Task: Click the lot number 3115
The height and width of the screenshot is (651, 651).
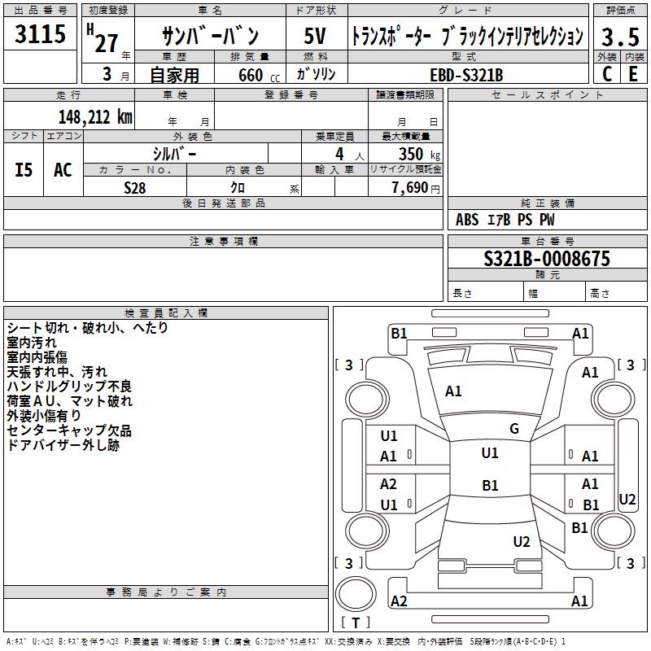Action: (x=40, y=33)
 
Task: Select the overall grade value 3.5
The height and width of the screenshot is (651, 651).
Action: (x=620, y=37)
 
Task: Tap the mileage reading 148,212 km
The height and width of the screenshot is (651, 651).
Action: (x=95, y=117)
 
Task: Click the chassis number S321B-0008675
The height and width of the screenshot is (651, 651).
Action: (x=547, y=259)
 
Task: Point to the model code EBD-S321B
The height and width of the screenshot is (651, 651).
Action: (x=466, y=75)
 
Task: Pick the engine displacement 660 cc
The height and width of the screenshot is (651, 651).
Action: (x=259, y=75)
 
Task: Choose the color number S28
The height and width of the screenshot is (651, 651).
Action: (x=135, y=188)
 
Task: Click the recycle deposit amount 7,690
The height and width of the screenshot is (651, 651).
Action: (x=410, y=188)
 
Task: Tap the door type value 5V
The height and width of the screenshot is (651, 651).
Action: (x=315, y=36)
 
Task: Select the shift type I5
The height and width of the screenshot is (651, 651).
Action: (x=24, y=170)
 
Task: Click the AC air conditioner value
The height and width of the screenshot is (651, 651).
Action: (x=63, y=170)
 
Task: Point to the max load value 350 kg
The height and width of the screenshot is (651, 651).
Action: (x=419, y=154)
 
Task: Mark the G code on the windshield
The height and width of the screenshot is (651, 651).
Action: (x=514, y=429)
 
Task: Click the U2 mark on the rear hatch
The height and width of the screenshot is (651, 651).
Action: (x=522, y=541)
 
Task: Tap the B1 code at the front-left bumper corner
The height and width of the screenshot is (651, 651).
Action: (x=399, y=334)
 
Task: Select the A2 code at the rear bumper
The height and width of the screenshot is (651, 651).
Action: (x=399, y=601)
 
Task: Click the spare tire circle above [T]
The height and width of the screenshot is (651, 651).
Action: (x=356, y=594)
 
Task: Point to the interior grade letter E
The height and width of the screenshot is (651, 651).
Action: (x=633, y=74)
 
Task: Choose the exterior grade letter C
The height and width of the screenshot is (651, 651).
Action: (x=606, y=74)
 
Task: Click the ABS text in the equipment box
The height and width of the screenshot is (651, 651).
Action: (x=467, y=220)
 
